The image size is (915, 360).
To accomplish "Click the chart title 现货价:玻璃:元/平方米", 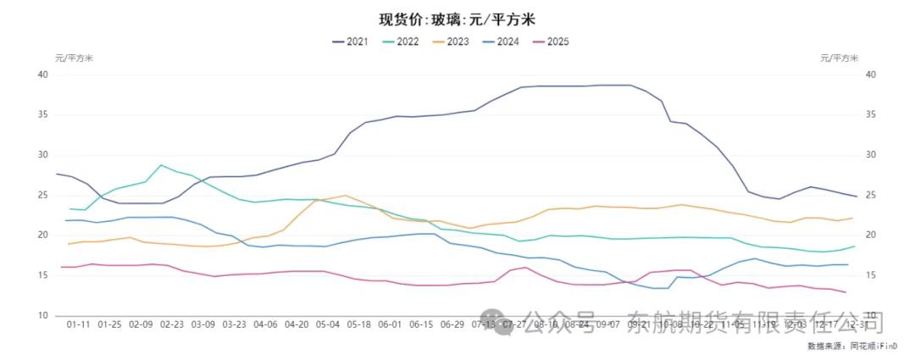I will (457, 19).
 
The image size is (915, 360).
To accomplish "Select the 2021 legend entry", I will (350, 41).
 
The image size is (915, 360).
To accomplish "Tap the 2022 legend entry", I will (402, 41).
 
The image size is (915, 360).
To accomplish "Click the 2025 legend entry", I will (552, 41).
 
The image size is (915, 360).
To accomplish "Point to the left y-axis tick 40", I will (42, 75).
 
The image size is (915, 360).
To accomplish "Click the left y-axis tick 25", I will (42, 195).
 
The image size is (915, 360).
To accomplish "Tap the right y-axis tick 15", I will (872, 275).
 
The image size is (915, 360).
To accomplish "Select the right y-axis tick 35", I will (872, 114).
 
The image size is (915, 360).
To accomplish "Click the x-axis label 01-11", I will (79, 324).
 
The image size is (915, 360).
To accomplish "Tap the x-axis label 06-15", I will (421, 324).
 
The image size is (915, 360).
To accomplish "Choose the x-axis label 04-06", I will (265, 324).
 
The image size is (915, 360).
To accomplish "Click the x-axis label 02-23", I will (172, 324).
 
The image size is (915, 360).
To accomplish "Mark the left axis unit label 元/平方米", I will (75, 58).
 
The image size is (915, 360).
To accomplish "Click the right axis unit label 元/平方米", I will (840, 58).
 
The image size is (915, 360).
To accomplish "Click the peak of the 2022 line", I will (161, 165).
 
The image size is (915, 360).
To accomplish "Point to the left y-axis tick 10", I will (42, 315).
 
